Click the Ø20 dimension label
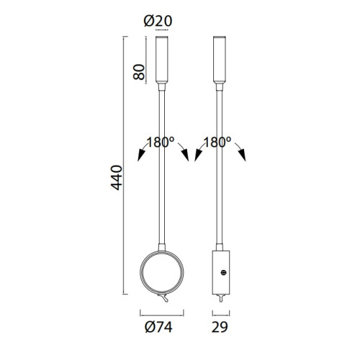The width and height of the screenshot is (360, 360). [158, 21]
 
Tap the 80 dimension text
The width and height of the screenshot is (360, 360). [139, 72]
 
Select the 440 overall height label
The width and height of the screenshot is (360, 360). [117, 178]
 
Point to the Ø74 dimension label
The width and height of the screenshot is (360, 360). [158, 327]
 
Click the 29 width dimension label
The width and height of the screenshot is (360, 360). [220, 327]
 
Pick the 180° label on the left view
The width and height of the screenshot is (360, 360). [161, 142]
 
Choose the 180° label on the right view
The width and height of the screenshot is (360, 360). [217, 142]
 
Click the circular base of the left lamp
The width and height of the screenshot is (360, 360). [140, 272]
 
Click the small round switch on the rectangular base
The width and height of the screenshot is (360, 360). [224, 272]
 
